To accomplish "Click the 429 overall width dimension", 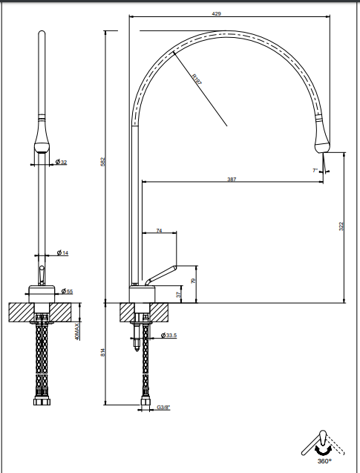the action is click(217, 13).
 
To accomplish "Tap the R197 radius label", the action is click(197, 79).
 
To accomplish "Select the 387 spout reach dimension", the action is click(232, 179).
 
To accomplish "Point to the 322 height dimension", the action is click(341, 226).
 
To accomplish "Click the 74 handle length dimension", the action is click(159, 230).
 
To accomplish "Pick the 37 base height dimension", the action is click(179, 294).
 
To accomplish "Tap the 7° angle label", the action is click(315, 171).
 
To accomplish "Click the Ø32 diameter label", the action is click(61, 162).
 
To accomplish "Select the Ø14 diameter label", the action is click(62, 252).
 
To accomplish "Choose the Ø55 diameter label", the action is click(67, 291).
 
